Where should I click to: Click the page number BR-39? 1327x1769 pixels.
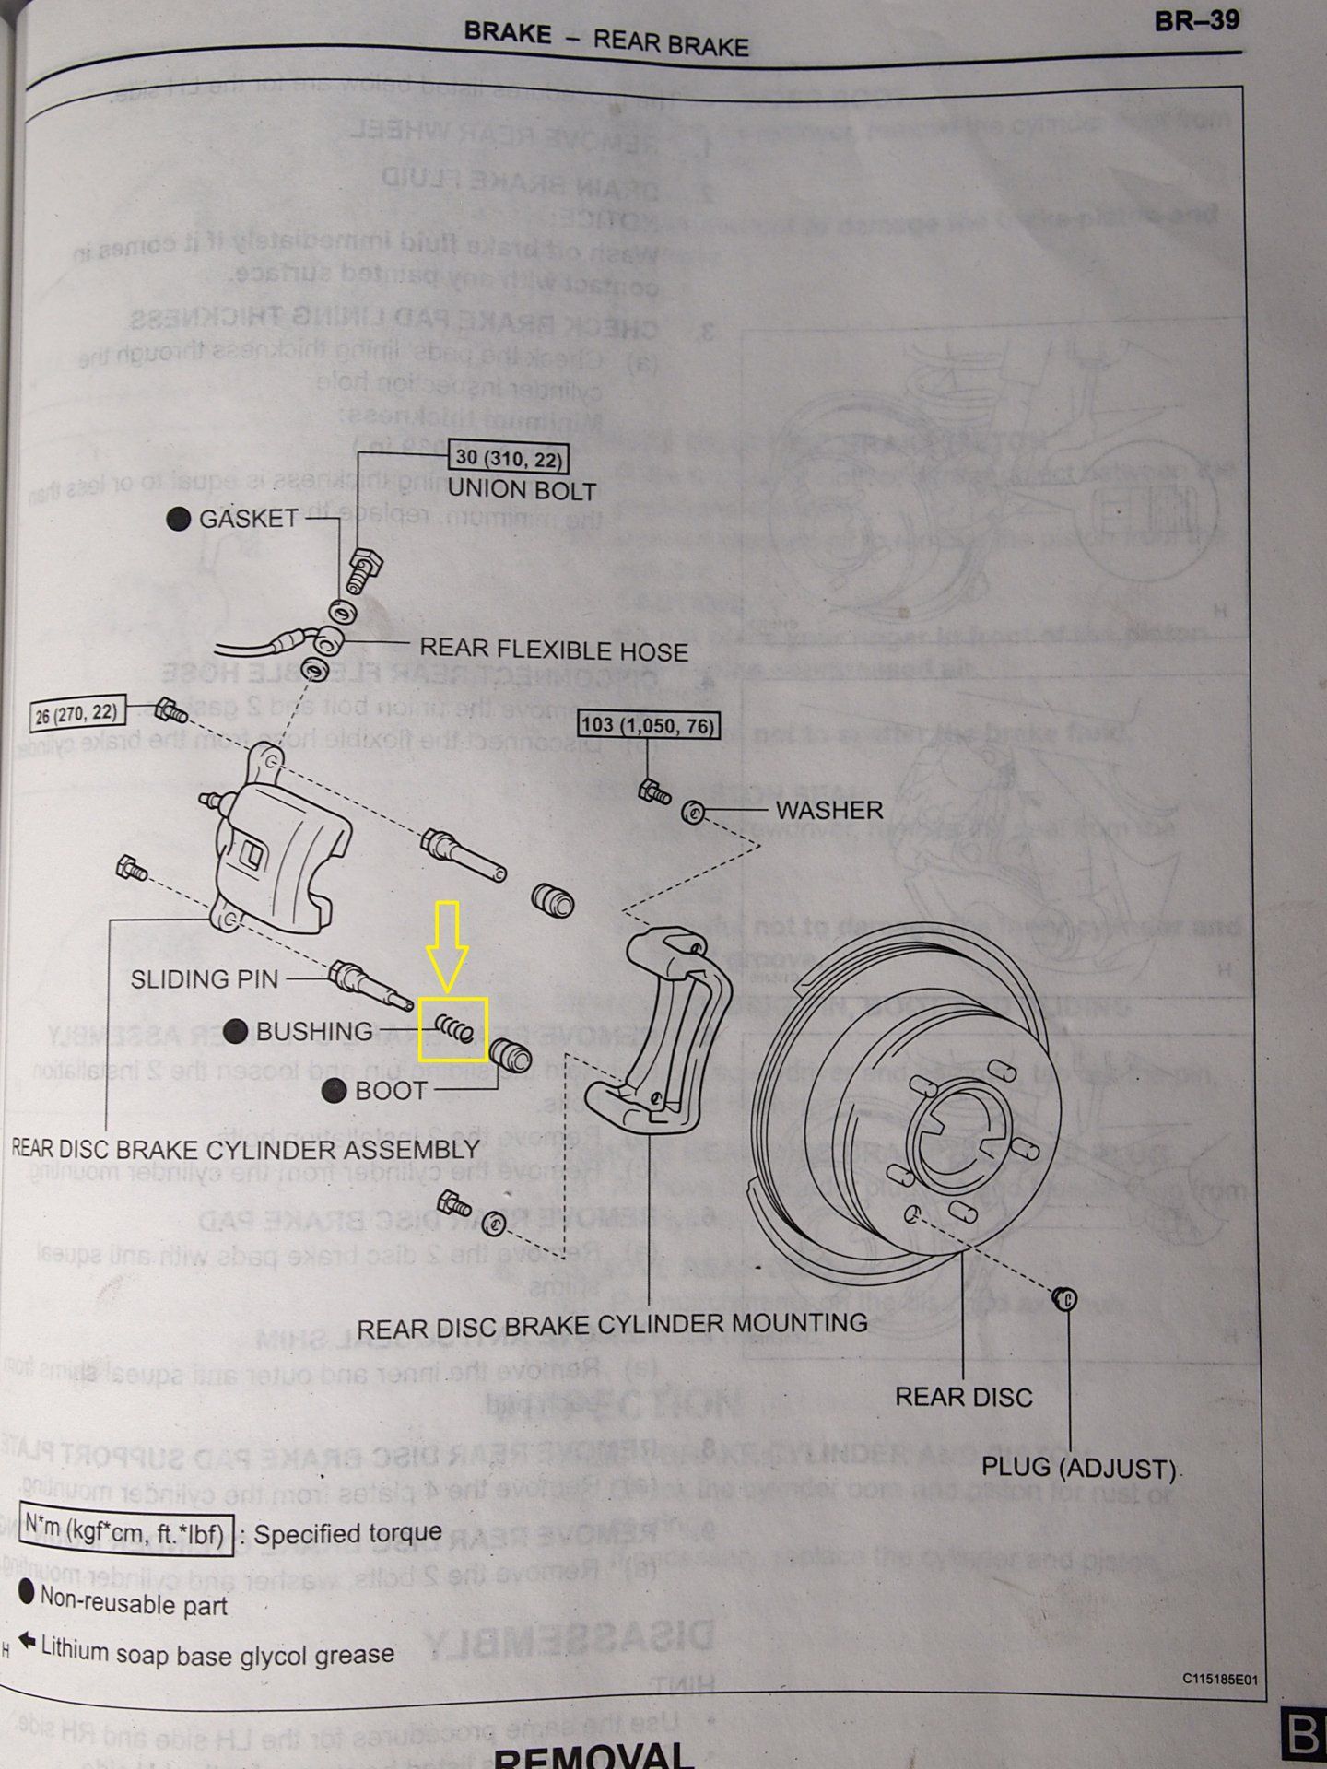click(1196, 21)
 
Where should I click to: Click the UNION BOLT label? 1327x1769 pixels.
click(522, 489)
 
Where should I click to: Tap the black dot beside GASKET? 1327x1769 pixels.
click(180, 519)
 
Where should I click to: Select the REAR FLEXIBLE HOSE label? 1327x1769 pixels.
click(554, 650)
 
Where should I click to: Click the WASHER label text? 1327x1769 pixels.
click(829, 810)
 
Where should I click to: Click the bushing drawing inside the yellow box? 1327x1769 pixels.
click(453, 1028)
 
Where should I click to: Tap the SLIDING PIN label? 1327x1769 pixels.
click(205, 978)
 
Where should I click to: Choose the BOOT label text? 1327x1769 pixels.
click(392, 1091)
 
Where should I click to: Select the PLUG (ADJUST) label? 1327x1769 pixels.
click(1078, 1468)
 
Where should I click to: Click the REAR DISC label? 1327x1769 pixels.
click(963, 1398)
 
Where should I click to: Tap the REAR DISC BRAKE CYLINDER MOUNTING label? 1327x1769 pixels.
click(612, 1324)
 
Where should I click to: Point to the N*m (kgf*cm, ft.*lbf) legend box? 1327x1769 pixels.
click(125, 1533)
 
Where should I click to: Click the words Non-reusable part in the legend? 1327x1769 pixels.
click(134, 1605)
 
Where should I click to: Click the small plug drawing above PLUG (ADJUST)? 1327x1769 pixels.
click(1064, 1299)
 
